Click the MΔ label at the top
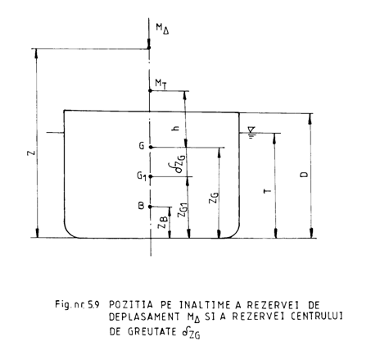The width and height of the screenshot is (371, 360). [162, 29]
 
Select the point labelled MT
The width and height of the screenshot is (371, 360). [150, 90]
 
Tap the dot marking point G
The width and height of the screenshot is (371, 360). [151, 147]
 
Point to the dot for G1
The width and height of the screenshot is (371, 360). [151, 176]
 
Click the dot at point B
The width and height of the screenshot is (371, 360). [150, 207]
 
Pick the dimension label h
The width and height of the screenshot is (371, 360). [176, 128]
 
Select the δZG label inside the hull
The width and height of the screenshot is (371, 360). [180, 164]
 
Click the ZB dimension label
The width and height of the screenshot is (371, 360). [163, 221]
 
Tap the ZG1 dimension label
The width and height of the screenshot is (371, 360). [183, 210]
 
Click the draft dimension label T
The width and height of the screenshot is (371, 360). [268, 190]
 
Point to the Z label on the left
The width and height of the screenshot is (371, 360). [32, 153]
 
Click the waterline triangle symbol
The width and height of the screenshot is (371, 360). [251, 130]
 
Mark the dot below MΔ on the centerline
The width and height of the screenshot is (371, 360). [149, 48]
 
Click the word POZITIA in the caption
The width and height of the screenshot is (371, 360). [131, 304]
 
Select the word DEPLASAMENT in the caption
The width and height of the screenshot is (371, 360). [144, 317]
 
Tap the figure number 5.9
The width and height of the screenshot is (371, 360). [93, 304]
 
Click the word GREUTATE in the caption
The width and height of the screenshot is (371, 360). [152, 331]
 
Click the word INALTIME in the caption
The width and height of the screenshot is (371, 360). [205, 304]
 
